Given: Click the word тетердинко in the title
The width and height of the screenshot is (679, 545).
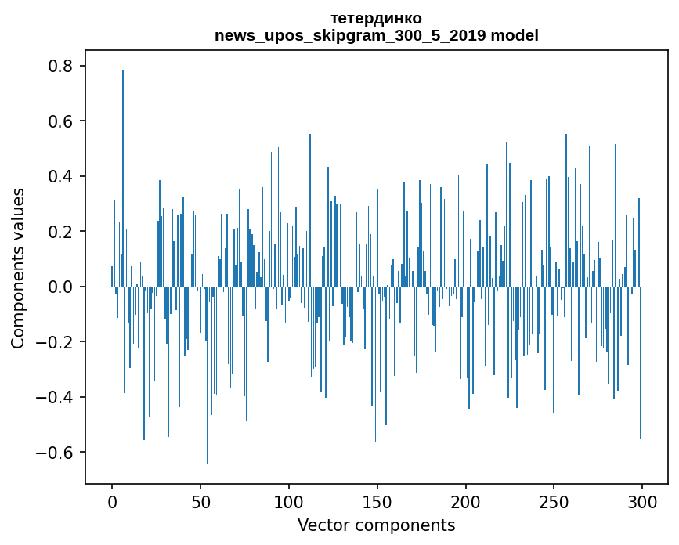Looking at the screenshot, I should coord(376,18).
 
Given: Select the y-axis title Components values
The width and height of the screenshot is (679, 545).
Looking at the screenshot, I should coord(18,268).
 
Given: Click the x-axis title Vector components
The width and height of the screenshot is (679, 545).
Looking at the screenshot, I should coord(376,525).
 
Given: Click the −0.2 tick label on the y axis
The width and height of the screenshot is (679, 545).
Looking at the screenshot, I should coord(56,342).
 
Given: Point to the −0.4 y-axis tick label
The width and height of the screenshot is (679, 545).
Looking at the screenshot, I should coord(56,398).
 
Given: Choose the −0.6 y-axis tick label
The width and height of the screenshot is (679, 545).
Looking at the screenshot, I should coord(56,453).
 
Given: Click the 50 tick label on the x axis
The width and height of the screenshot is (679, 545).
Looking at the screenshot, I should coord(200,501).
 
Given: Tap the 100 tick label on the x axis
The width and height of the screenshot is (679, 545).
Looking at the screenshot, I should coord(289,501).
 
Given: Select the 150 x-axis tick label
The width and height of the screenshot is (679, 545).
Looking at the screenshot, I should coord(377,501).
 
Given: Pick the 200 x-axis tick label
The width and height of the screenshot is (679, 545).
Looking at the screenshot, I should coord(466,501).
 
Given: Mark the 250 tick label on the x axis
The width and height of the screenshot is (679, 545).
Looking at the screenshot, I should coord(554,501).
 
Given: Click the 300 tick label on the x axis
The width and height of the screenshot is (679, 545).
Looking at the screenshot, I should coord(642,501).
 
